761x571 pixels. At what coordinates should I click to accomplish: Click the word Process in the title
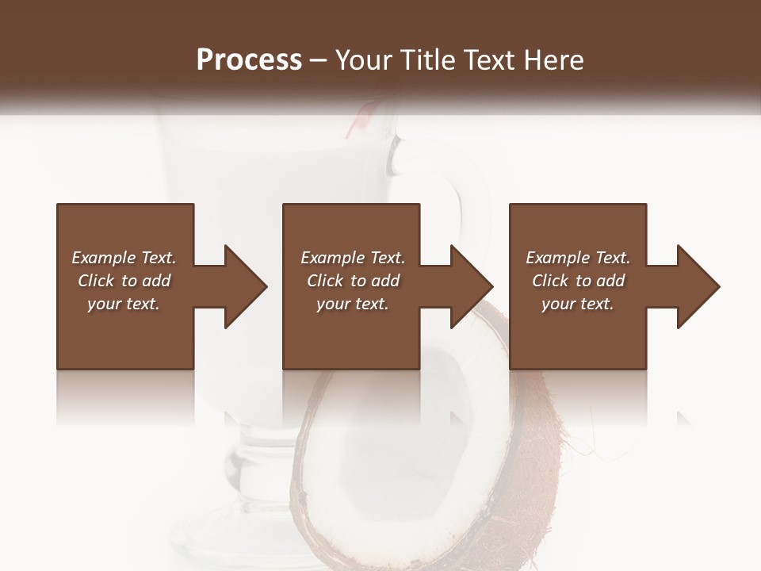pyautogui.click(x=249, y=59)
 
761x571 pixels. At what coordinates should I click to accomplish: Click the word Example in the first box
pyautogui.click(x=102, y=258)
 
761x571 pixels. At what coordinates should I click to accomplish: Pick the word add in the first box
pyautogui.click(x=156, y=281)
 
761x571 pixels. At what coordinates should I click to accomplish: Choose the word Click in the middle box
pyautogui.click(x=324, y=281)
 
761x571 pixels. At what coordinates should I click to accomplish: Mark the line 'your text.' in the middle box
pyautogui.click(x=352, y=304)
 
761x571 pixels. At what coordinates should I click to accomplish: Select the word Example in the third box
pyautogui.click(x=556, y=258)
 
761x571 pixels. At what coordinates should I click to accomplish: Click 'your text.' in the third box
pyautogui.click(x=577, y=304)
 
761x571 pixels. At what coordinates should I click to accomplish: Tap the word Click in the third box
pyautogui.click(x=550, y=281)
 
